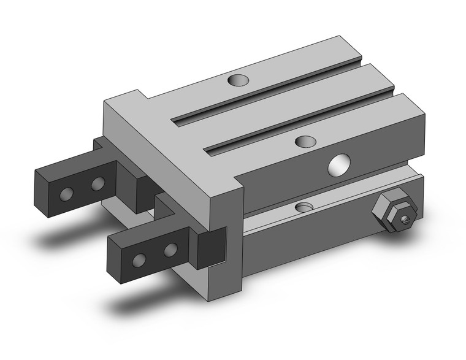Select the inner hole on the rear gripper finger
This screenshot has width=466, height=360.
[97, 183]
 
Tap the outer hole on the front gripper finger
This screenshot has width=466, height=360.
[142, 258]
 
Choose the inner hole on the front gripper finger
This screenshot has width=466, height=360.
[172, 248]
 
